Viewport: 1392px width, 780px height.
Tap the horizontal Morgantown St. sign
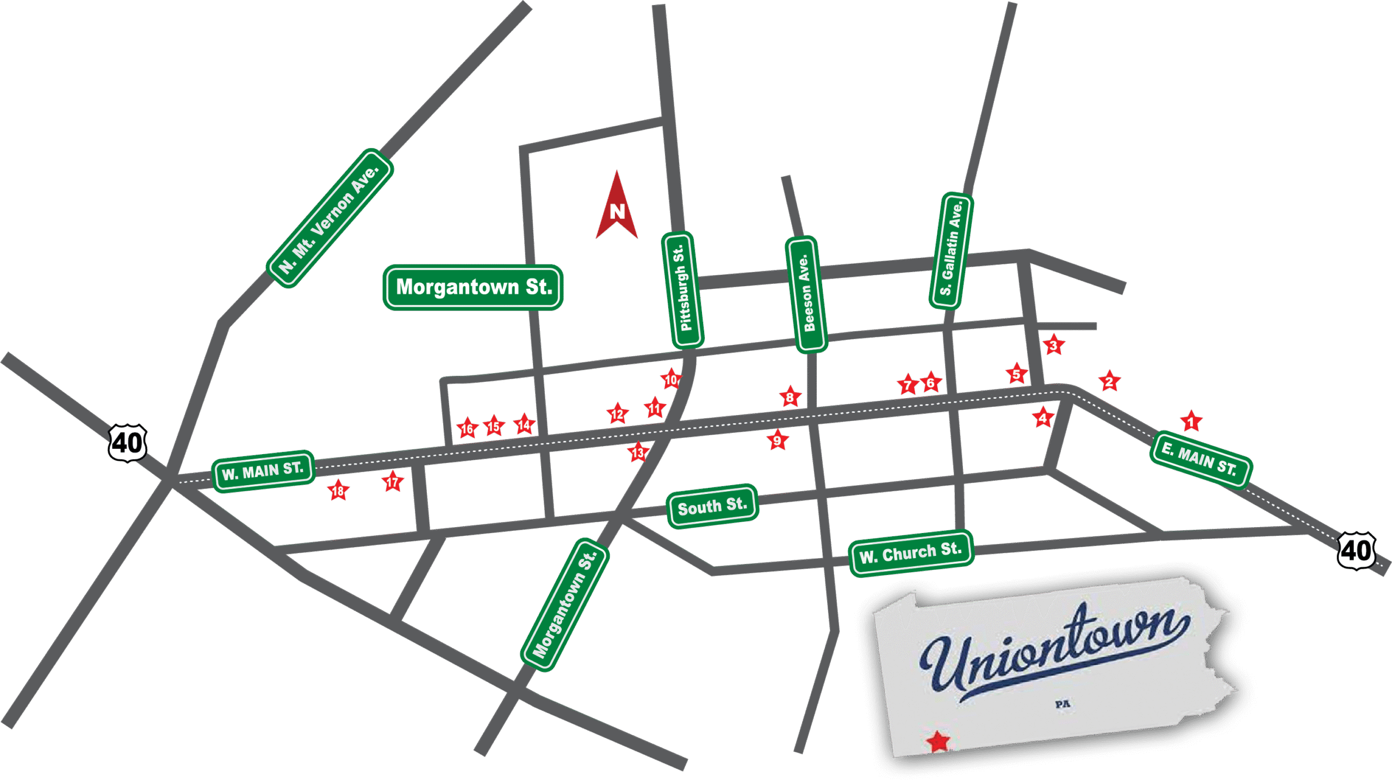coord(473,287)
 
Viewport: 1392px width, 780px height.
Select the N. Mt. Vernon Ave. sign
coord(330,218)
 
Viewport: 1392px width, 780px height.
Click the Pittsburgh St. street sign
coord(683,290)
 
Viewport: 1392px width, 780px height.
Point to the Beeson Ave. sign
coord(807,294)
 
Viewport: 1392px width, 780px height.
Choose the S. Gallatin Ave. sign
coord(951,251)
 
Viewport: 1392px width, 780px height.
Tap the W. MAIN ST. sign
coord(263,471)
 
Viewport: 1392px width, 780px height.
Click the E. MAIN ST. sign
coord(1201,460)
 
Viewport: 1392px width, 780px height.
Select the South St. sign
coord(712,506)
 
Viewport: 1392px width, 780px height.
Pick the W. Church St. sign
coord(911,553)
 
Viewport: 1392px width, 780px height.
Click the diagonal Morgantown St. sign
coord(565,605)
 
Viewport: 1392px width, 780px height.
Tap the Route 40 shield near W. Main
coord(127,443)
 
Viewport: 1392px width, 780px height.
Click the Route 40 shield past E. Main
coord(1356,551)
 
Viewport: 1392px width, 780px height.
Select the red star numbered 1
coord(1191,422)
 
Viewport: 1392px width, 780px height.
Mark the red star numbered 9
coord(777,440)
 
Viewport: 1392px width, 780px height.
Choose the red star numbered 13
coord(638,452)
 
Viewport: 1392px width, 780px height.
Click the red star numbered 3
coord(1053,345)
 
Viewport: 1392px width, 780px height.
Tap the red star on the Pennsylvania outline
coord(938,741)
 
